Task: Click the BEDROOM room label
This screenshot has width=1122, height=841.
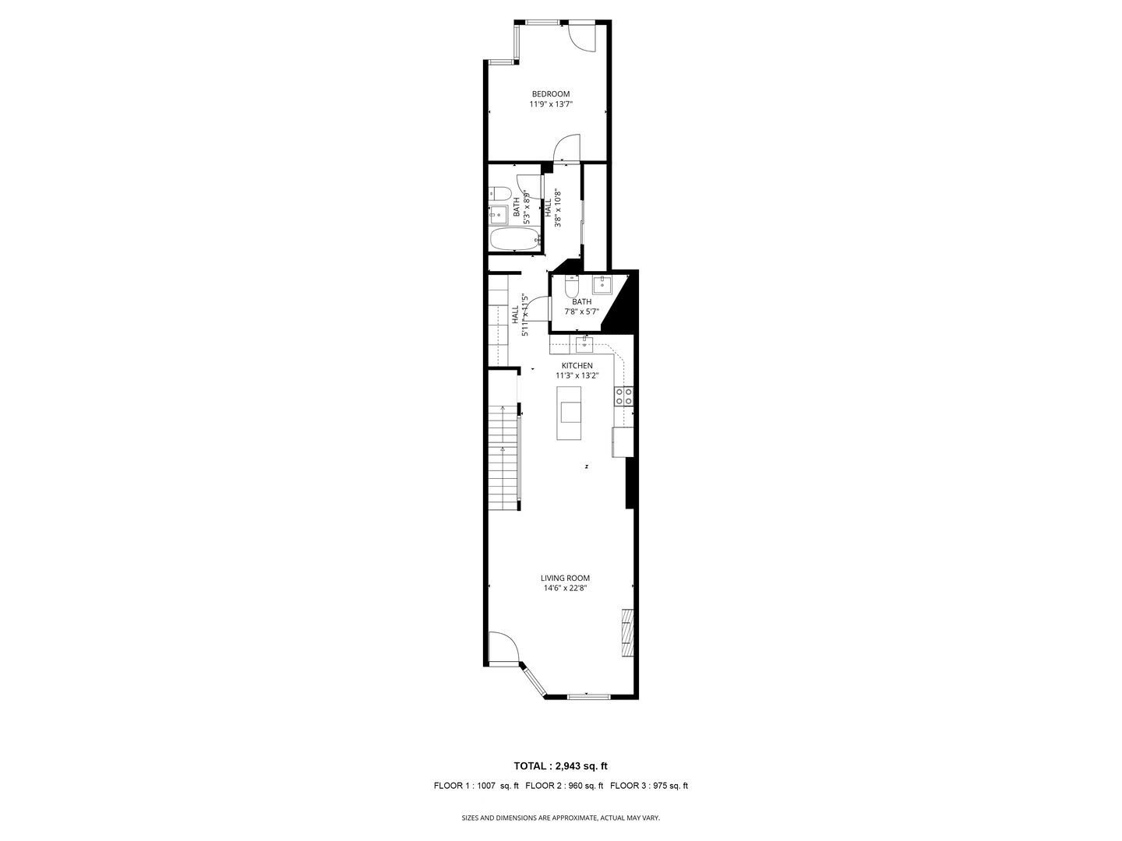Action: (x=551, y=94)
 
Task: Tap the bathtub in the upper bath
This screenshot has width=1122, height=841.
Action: (x=514, y=239)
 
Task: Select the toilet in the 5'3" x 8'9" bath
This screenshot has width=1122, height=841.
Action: (x=499, y=194)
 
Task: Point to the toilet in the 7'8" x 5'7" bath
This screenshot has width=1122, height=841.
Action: (x=571, y=287)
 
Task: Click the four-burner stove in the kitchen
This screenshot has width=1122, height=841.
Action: (x=623, y=396)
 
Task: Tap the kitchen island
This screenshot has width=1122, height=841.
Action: (x=569, y=412)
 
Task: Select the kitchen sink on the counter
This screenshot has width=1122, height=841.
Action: (x=584, y=343)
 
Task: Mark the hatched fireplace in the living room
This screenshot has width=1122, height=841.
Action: (x=627, y=632)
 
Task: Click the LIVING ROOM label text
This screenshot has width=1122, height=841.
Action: (x=565, y=578)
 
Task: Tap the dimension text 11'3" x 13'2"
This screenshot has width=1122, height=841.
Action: (x=577, y=375)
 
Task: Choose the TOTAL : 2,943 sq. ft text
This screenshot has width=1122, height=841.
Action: (x=560, y=766)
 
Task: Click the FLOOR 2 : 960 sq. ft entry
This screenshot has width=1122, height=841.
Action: (x=564, y=786)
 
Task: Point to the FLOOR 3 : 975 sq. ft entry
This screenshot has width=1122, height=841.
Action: (x=649, y=786)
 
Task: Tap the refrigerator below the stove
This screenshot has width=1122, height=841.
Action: (x=623, y=442)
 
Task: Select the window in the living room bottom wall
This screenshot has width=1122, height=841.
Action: (x=587, y=695)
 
